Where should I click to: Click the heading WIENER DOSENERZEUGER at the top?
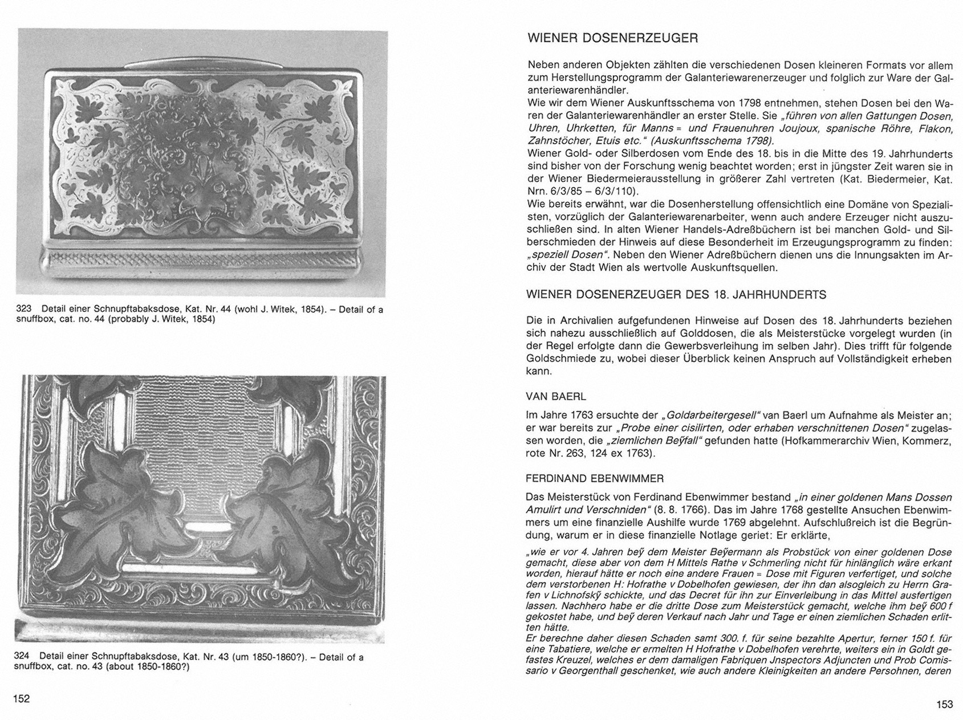click(613, 39)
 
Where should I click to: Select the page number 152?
click(21, 698)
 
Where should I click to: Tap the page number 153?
click(944, 705)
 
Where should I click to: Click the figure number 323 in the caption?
click(23, 310)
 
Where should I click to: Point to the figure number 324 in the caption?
click(21, 657)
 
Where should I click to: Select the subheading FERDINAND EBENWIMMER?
click(595, 478)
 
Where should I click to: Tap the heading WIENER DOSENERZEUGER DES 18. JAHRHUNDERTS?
click(676, 295)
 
